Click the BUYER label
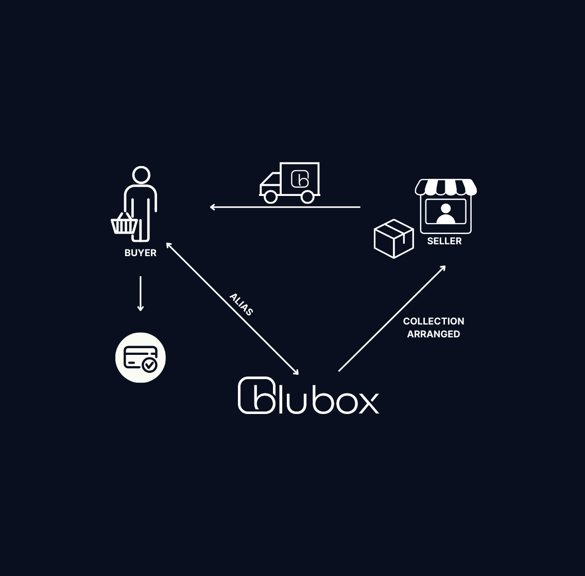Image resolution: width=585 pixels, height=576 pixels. [141, 253]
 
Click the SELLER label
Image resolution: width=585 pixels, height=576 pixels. [444, 241]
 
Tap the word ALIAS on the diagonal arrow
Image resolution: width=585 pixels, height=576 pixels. [241, 304]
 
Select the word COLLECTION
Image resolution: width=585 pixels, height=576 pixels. [434, 321]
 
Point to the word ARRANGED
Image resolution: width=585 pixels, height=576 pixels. [434, 334]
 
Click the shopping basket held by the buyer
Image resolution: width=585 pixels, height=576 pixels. [124, 224]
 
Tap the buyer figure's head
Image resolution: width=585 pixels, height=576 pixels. [141, 175]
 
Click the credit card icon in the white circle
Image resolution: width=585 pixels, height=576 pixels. [140, 357]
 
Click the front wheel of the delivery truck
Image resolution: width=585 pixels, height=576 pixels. [271, 196]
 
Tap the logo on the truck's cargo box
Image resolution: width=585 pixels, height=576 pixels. [300, 179]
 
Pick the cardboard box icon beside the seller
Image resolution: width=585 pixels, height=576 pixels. [394, 239]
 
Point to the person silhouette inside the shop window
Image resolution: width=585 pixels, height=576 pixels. [445, 213]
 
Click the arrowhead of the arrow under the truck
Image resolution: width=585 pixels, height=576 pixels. [212, 207]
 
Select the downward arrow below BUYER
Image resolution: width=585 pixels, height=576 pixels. [141, 294]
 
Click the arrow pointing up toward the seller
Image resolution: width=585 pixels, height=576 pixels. [392, 318]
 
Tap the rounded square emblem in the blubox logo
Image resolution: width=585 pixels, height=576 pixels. [256, 395]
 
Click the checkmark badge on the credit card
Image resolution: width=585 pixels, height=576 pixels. [150, 365]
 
